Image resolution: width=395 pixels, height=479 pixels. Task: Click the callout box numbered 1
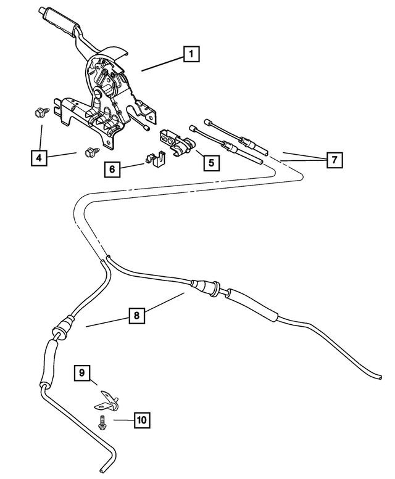192,55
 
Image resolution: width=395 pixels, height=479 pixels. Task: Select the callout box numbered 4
39,158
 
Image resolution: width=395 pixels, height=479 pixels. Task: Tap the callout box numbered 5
210,163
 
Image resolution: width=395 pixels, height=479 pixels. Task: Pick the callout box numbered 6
113,168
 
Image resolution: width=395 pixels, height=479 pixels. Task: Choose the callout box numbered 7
333,160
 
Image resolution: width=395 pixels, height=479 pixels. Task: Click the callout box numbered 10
141,420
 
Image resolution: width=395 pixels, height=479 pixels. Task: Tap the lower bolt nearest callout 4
88,151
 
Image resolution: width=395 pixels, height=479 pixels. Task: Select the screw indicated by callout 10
101,422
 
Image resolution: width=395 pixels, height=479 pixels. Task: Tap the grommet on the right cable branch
204,286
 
